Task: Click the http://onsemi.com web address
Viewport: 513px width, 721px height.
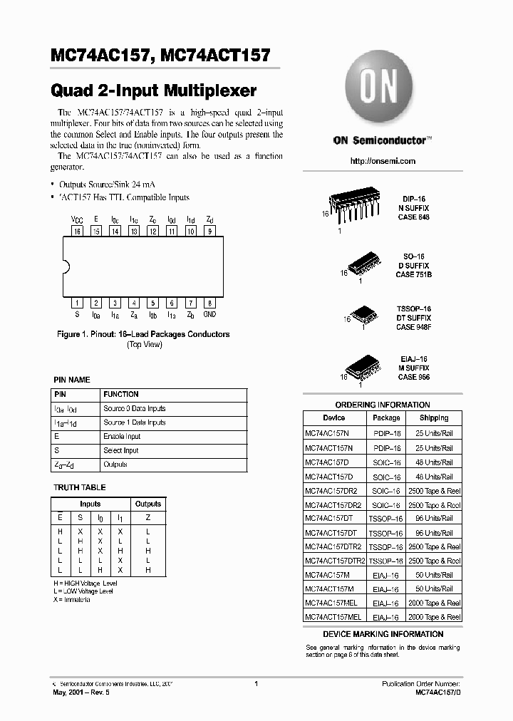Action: pos(383,161)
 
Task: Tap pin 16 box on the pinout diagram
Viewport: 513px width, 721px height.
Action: pos(77,231)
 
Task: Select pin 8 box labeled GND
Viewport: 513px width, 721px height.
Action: pos(209,302)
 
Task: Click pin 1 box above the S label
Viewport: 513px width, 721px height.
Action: pos(77,302)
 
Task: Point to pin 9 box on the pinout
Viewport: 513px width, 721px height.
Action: pos(209,231)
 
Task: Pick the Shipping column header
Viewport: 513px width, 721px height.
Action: pos(434,418)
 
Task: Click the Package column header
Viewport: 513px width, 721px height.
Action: pos(386,418)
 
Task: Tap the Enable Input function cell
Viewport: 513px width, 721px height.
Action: pos(122,436)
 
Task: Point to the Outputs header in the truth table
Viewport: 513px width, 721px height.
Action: pos(148,504)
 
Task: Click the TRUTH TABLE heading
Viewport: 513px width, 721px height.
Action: pos(80,487)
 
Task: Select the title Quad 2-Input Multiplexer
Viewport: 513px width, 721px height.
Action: pos(154,90)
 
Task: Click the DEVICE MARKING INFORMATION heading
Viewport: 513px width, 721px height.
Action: pos(383,633)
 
